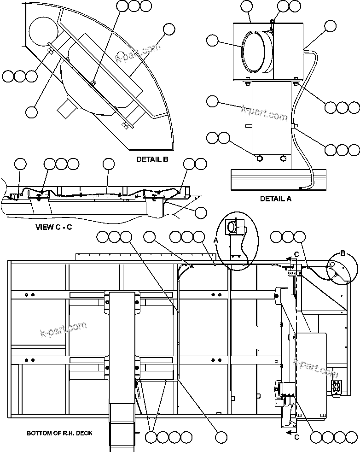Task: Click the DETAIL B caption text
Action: [x=152, y=160]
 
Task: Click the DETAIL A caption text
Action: [x=276, y=199]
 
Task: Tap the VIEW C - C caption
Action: [x=53, y=227]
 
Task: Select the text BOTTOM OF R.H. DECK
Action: [x=59, y=433]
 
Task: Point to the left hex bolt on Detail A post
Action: [x=259, y=158]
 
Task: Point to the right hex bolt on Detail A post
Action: [x=283, y=158]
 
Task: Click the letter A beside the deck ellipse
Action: [x=216, y=240]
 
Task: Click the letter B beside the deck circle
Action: [x=342, y=252]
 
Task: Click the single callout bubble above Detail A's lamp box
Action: [x=246, y=6]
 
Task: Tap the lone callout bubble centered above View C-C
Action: [x=109, y=164]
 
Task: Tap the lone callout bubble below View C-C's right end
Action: [x=201, y=212]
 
